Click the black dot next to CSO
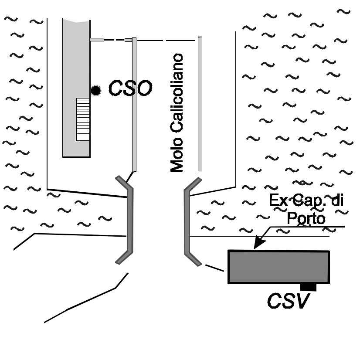coord(96,91)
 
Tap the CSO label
coord(130,88)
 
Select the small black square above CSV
coord(309,286)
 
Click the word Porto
coord(306,218)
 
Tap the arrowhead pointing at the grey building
coord(258,245)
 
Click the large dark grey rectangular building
coord(278,267)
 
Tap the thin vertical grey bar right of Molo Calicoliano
coord(200,104)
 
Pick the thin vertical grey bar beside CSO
coord(134,105)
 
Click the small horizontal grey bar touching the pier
coord(97,40)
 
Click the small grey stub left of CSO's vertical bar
coord(128,40)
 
